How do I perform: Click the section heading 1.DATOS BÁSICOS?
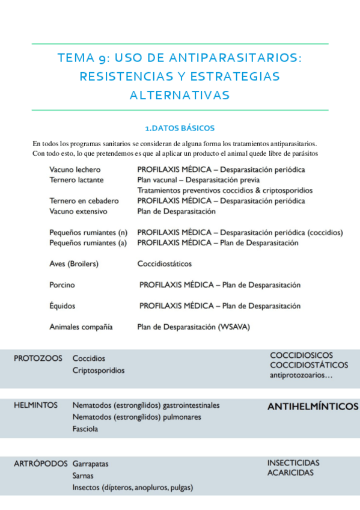coord(180,128)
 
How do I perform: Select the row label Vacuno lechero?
coord(75,170)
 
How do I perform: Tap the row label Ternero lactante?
coord(76,180)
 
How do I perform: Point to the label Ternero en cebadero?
coord(84,201)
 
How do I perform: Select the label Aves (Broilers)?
coord(74,263)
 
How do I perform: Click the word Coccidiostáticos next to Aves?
coord(165,263)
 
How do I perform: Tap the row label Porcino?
coord(62,285)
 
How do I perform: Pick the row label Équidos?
coord(63,306)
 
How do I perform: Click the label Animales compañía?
coord(81,327)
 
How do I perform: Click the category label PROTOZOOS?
coord(38,358)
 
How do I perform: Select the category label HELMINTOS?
coord(35,405)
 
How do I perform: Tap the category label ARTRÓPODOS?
coord(41,464)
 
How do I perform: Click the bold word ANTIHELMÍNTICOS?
coord(312,407)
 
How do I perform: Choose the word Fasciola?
coord(85,429)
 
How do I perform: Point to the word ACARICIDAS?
coord(290,473)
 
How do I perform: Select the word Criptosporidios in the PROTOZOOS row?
coord(99,370)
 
